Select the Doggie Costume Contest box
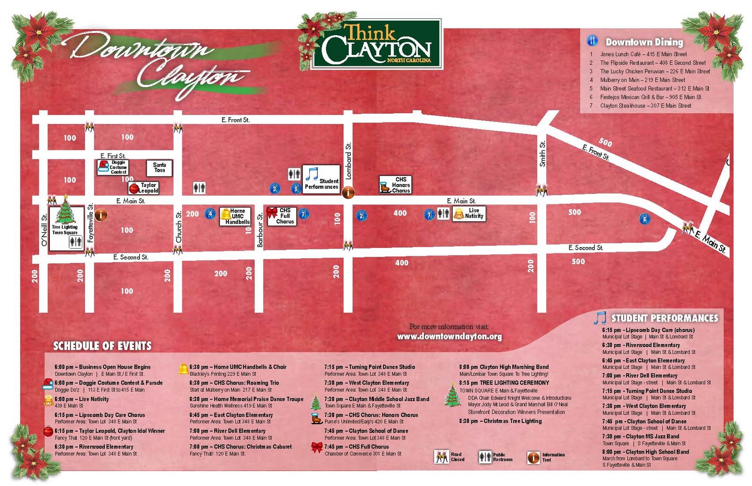[113, 167]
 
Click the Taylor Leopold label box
[144, 188]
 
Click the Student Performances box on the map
[321, 179]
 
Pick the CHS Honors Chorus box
[395, 185]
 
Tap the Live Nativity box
[469, 214]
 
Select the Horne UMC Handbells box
[235, 216]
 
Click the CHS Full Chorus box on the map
[282, 216]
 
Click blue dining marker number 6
[644, 219]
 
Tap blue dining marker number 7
[304, 215]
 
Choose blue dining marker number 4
[210, 214]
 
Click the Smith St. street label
[542, 154]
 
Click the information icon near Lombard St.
[348, 192]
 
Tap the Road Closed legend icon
[441, 457]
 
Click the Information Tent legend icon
[533, 457]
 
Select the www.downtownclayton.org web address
[449, 337]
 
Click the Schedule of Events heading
[102, 346]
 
